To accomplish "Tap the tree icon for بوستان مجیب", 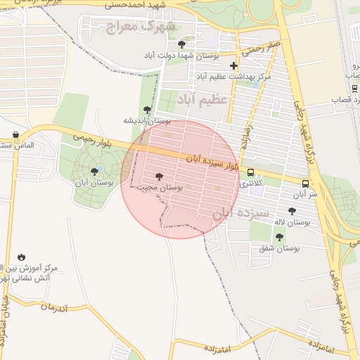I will click(157, 176).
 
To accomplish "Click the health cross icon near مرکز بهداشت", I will click(234, 66).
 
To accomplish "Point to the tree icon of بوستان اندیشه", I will click(147, 110).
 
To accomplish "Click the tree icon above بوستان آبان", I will click(94, 172).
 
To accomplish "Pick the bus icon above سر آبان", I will click(305, 184).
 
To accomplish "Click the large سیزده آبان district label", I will click(242, 212).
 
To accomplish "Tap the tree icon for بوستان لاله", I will click(292, 211).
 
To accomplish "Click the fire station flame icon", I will click(22, 257).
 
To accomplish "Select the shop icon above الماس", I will click(16, 134).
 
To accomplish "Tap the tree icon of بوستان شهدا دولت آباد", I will click(181, 44).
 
